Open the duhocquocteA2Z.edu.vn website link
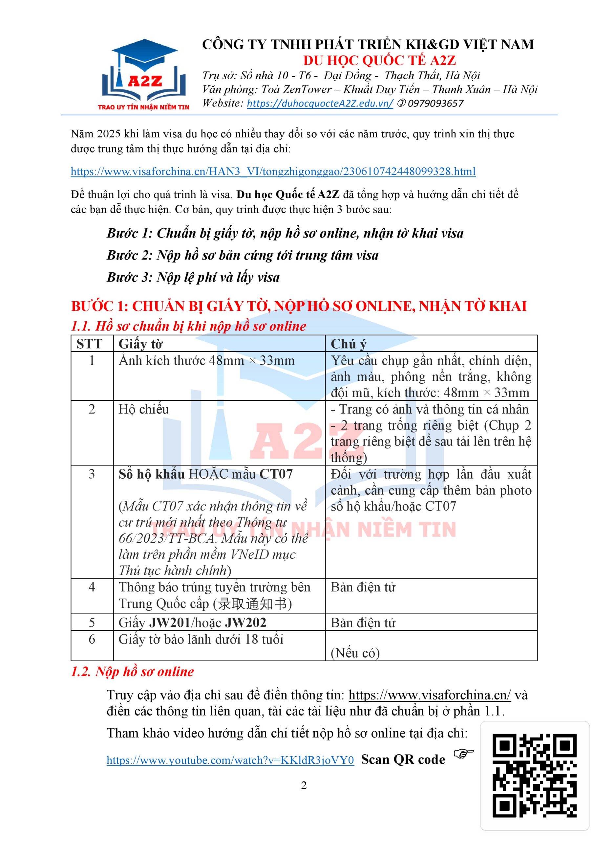(x=320, y=104)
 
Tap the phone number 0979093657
(x=435, y=104)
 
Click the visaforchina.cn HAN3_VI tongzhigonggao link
(x=273, y=171)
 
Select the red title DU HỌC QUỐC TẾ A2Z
(x=379, y=60)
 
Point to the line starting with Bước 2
(x=242, y=255)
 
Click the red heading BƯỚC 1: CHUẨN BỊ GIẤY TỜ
(x=298, y=306)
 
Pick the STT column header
(x=89, y=344)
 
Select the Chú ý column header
(x=348, y=344)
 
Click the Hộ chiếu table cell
(x=143, y=409)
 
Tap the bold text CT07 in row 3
(x=276, y=474)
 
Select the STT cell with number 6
(x=92, y=639)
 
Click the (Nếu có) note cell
(x=355, y=653)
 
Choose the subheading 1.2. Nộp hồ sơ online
(x=132, y=672)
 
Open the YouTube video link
(x=230, y=760)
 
